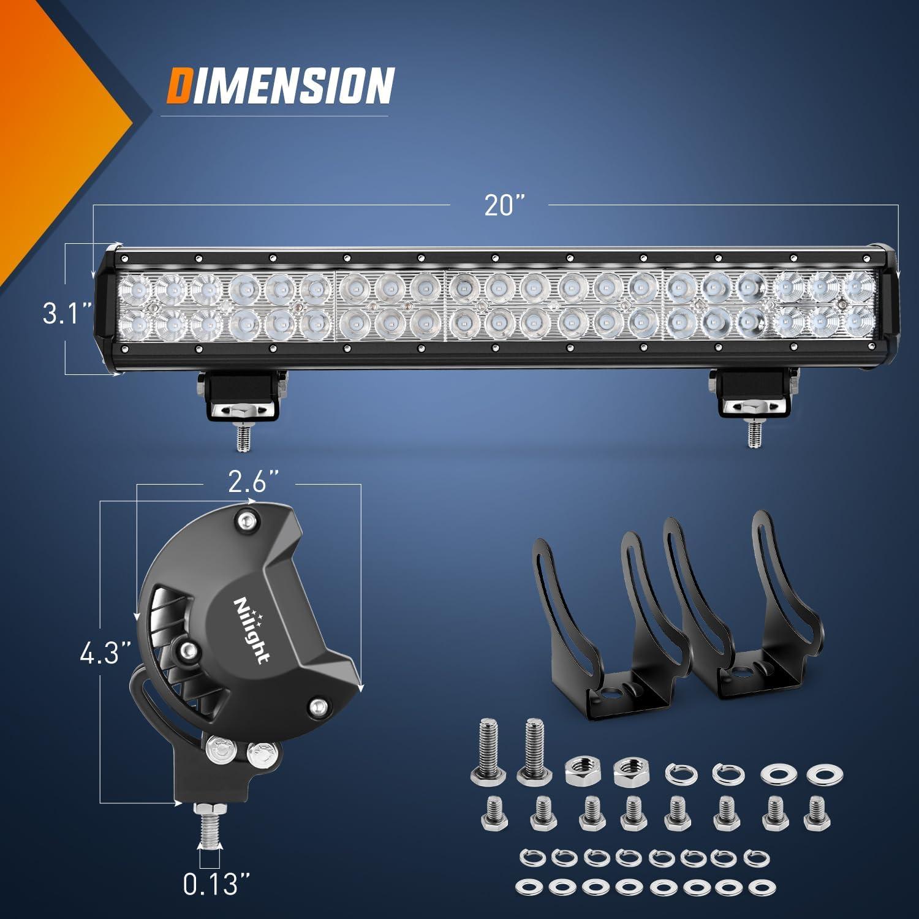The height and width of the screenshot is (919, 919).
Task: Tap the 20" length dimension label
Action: [x=502, y=205]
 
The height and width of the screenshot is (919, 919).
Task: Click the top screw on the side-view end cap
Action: [x=246, y=521]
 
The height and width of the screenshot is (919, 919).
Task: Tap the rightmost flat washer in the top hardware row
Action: [x=820, y=774]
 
